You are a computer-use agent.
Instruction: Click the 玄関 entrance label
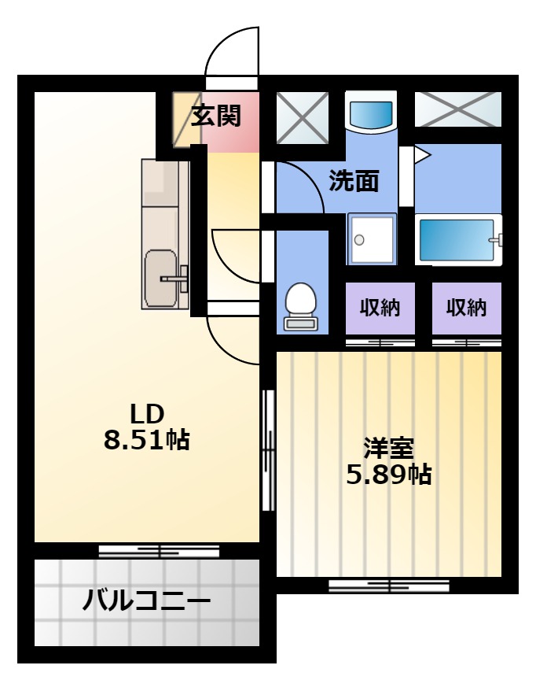[x=215, y=116]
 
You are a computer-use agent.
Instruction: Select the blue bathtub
[x=457, y=239]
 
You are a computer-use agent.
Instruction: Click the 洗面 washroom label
[x=354, y=181]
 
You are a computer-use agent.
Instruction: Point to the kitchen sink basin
[x=160, y=279]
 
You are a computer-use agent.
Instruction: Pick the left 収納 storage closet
[x=380, y=308]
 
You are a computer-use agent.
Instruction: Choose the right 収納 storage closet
[x=467, y=308]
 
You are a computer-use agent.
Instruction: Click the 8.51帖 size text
[x=146, y=440]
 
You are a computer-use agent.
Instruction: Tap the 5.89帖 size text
[x=389, y=475]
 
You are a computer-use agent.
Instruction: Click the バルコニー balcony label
[x=146, y=601]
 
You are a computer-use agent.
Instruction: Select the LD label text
[x=147, y=414]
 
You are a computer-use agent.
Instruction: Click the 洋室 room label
[x=389, y=449]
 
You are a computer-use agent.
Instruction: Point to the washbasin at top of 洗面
[x=371, y=112]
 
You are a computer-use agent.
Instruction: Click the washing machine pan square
[x=372, y=238]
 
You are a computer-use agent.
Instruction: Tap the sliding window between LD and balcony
[x=159, y=551]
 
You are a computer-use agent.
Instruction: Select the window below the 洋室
[x=389, y=586]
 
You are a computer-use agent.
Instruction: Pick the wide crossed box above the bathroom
[x=458, y=109]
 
